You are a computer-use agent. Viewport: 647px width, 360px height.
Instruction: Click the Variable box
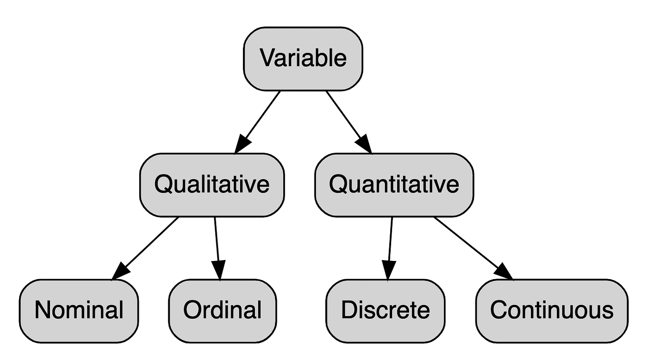tap(303, 59)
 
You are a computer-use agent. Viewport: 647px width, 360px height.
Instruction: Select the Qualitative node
tap(212, 185)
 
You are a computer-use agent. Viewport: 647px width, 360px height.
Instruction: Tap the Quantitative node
tap(394, 185)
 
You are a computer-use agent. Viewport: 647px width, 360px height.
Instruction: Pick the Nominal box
tap(79, 310)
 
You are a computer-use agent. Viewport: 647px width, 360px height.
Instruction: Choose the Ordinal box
tap(222, 310)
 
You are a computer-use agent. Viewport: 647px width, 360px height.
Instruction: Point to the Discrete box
tap(385, 310)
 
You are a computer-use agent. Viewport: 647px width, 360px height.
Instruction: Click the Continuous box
tap(551, 310)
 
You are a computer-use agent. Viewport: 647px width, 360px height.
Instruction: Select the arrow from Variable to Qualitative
tap(260, 119)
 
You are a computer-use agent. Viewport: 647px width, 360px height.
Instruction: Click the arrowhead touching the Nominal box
tap(121, 271)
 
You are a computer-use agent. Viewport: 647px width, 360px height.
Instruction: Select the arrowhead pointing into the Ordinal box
tap(219, 270)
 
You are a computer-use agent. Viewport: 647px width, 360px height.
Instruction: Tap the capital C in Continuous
tap(498, 310)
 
